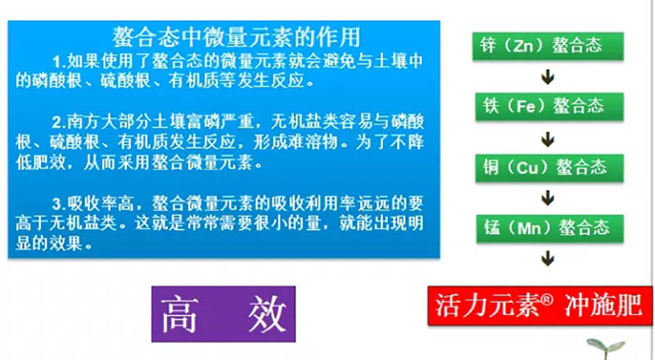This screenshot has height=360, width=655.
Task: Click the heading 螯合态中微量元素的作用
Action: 237,37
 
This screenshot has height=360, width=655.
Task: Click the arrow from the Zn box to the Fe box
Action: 548,76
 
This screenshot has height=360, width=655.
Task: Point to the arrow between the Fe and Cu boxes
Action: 548,137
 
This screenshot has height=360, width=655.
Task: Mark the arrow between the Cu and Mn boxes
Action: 548,199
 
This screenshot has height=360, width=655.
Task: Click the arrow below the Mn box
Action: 548,259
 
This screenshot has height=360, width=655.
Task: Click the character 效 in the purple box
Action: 263,314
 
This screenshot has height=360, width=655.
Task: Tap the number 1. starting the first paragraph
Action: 57,61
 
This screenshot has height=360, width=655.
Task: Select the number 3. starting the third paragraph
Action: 57,202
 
